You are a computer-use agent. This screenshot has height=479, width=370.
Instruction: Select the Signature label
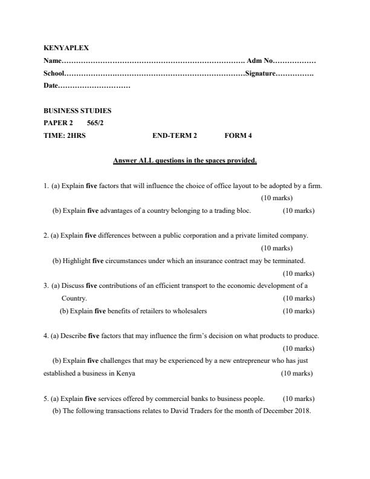point(259,73)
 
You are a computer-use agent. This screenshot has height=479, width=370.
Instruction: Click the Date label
point(51,86)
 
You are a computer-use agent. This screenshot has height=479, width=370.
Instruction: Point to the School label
point(54,73)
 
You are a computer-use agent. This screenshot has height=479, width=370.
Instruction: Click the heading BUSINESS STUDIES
point(77,111)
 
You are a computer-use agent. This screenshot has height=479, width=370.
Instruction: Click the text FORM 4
point(238,135)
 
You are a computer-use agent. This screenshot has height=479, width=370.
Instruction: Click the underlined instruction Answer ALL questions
point(185,160)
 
